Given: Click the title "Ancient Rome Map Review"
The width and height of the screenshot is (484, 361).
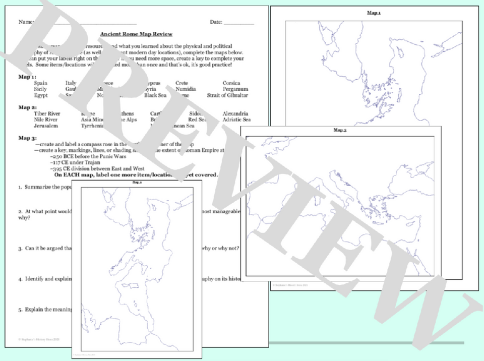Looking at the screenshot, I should click(136, 34).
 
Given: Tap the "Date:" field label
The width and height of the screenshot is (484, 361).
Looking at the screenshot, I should click(216, 22).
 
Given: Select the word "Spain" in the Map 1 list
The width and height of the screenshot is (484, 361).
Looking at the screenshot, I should click(41, 83).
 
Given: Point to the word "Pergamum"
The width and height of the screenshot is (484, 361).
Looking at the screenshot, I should click(235, 89).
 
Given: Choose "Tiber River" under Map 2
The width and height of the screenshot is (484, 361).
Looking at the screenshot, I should click(47, 114).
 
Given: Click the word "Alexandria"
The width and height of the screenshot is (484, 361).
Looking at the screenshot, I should click(235, 114).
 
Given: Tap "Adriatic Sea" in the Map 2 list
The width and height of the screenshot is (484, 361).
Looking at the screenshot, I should click(236, 120).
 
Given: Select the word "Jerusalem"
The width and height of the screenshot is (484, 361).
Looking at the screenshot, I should click(46, 126).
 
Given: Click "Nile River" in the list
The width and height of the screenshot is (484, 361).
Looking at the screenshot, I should click(45, 120).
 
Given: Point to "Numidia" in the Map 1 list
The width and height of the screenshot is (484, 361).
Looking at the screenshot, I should click(186, 89).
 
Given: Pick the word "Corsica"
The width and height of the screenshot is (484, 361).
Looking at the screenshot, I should click(231, 83).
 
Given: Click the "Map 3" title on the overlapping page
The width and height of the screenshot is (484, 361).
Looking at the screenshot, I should click(340, 130).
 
